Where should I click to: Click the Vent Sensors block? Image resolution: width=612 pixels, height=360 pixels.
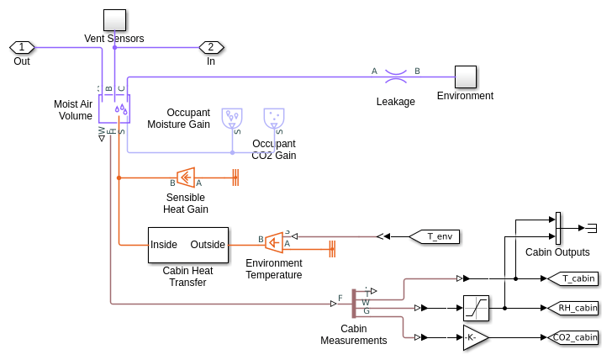click(x=114, y=20)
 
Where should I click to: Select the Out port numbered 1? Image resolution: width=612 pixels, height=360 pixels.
click(x=22, y=47)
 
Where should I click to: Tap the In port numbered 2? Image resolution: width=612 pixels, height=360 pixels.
click(x=211, y=47)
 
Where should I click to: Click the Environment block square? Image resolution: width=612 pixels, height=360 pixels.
click(x=466, y=77)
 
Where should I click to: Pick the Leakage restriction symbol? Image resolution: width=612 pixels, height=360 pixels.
click(x=396, y=77)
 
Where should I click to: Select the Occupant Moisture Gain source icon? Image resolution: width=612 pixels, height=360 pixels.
click(x=231, y=119)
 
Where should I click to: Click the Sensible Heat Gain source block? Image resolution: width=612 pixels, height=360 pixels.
click(x=186, y=177)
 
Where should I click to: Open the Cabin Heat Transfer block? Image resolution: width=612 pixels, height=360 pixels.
click(x=188, y=245)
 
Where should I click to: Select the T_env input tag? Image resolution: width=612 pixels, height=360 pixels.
click(x=434, y=236)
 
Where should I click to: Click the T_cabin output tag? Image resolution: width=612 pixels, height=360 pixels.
click(x=572, y=278)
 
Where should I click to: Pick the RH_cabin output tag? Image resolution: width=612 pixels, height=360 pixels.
click(x=572, y=308)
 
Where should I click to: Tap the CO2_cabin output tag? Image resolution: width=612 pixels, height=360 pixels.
click(x=573, y=337)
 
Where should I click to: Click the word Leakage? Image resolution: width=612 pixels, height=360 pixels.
click(x=396, y=102)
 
